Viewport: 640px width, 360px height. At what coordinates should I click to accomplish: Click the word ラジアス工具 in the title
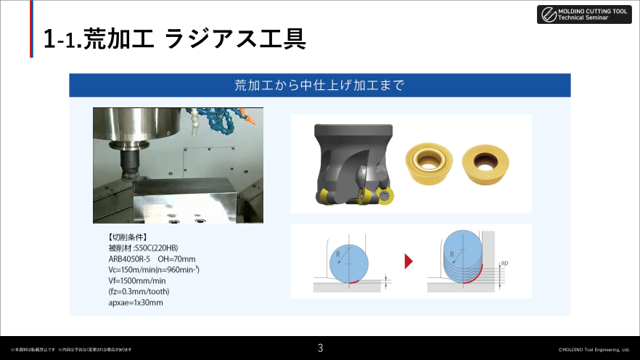click(235, 39)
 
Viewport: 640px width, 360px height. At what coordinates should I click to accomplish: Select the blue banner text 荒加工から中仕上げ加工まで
click(319, 85)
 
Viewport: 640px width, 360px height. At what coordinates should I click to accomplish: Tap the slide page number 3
click(320, 348)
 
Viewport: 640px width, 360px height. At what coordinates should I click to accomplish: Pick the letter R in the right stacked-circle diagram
click(451, 254)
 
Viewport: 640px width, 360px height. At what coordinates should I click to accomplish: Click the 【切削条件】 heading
click(127, 237)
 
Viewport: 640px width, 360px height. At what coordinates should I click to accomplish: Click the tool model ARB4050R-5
click(130, 259)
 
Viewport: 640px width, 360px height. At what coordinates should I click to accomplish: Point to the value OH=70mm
click(177, 259)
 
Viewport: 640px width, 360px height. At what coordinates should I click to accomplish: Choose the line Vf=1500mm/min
click(137, 281)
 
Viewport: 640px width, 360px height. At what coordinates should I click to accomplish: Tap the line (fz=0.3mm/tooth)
click(139, 292)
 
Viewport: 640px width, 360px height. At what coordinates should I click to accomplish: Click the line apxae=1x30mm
click(136, 303)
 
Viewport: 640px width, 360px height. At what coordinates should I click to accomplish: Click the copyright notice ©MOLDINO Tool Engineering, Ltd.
click(593, 349)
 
